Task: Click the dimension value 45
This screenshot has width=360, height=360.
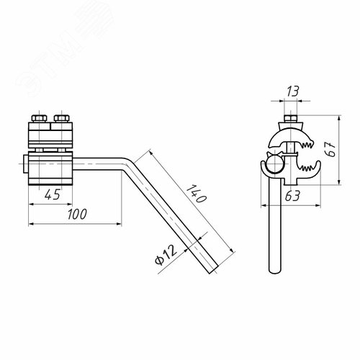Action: coord(53,194)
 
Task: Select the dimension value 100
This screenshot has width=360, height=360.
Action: coord(77,214)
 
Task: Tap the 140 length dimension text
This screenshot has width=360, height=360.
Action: coord(197,194)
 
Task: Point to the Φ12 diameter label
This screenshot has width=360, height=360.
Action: coord(166,254)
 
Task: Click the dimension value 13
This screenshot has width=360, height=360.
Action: coord(293,91)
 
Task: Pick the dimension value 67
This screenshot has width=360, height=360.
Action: coord(330,149)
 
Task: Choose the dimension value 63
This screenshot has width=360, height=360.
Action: coord(292,196)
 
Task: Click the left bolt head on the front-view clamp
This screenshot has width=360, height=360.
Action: coord(39,119)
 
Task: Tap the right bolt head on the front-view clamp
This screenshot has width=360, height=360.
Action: coord(62,119)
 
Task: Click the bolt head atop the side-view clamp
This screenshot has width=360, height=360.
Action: coord(291,119)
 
